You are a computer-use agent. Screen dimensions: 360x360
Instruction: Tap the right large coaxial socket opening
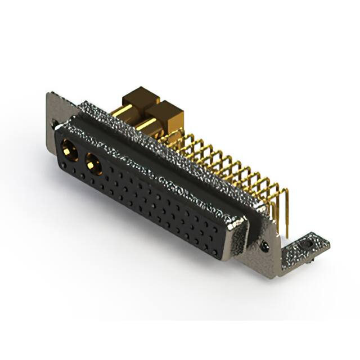pyautogui.click(x=93, y=165)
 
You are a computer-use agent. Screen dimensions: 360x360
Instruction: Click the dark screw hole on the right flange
pyautogui.click(x=264, y=245)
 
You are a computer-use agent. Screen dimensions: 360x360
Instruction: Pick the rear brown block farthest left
pyautogui.click(x=139, y=98)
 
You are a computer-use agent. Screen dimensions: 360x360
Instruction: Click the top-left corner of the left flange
pyautogui.click(x=49, y=94)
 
